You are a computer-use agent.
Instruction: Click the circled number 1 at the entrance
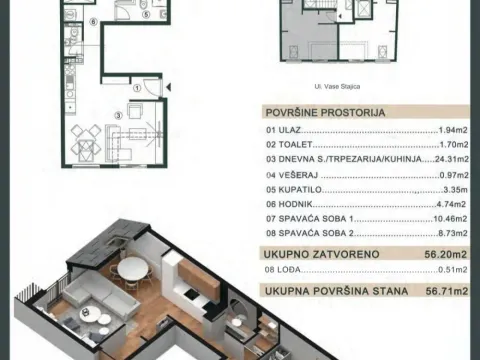click(139, 87)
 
